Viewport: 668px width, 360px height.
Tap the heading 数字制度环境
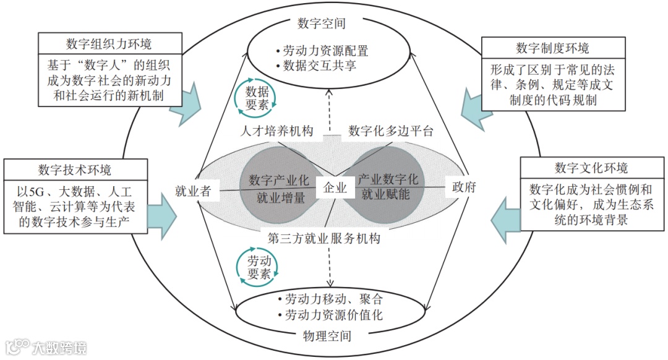coord(552,48)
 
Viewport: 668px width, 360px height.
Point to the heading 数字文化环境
coord(591,168)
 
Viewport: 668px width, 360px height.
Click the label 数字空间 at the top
coord(321,24)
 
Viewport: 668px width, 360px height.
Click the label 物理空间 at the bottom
coord(327,336)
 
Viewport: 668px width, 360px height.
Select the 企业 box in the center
coord(332,189)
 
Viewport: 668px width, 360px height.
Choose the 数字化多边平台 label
coord(391,131)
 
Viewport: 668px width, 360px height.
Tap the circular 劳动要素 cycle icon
coord(257,267)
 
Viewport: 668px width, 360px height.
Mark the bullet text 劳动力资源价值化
coord(334,315)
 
